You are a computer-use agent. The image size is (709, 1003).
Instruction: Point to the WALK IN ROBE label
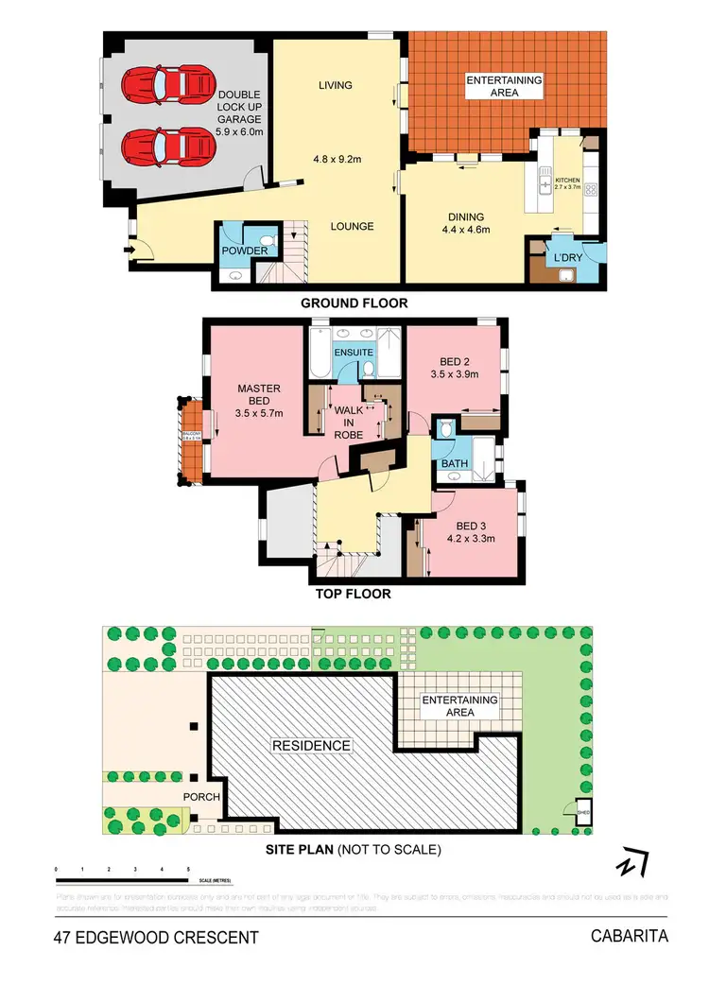pyautogui.click(x=349, y=422)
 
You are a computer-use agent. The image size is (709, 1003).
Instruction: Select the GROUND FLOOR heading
pyautogui.click(x=354, y=303)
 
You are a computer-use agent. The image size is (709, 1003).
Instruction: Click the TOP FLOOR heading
pyautogui.click(x=354, y=595)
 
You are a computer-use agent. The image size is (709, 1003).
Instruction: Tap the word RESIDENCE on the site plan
pyautogui.click(x=312, y=745)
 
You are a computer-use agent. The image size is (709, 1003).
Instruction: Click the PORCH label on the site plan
pyautogui.click(x=201, y=797)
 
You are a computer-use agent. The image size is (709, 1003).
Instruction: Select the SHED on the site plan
pyautogui.click(x=582, y=808)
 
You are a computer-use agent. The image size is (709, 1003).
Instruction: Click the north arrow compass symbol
pyautogui.click(x=631, y=864)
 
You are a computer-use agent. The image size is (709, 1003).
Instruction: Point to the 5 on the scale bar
pyautogui.click(x=188, y=868)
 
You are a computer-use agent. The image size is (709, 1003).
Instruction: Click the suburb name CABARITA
pyautogui.click(x=630, y=937)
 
